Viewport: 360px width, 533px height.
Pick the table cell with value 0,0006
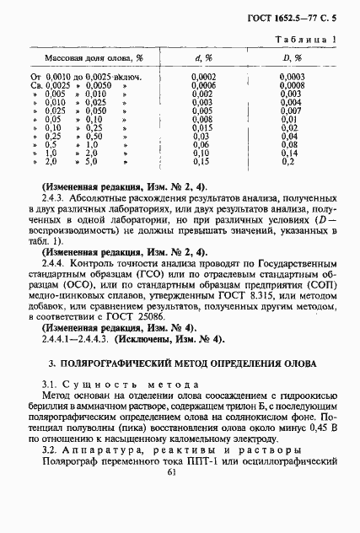pos(202,85)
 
